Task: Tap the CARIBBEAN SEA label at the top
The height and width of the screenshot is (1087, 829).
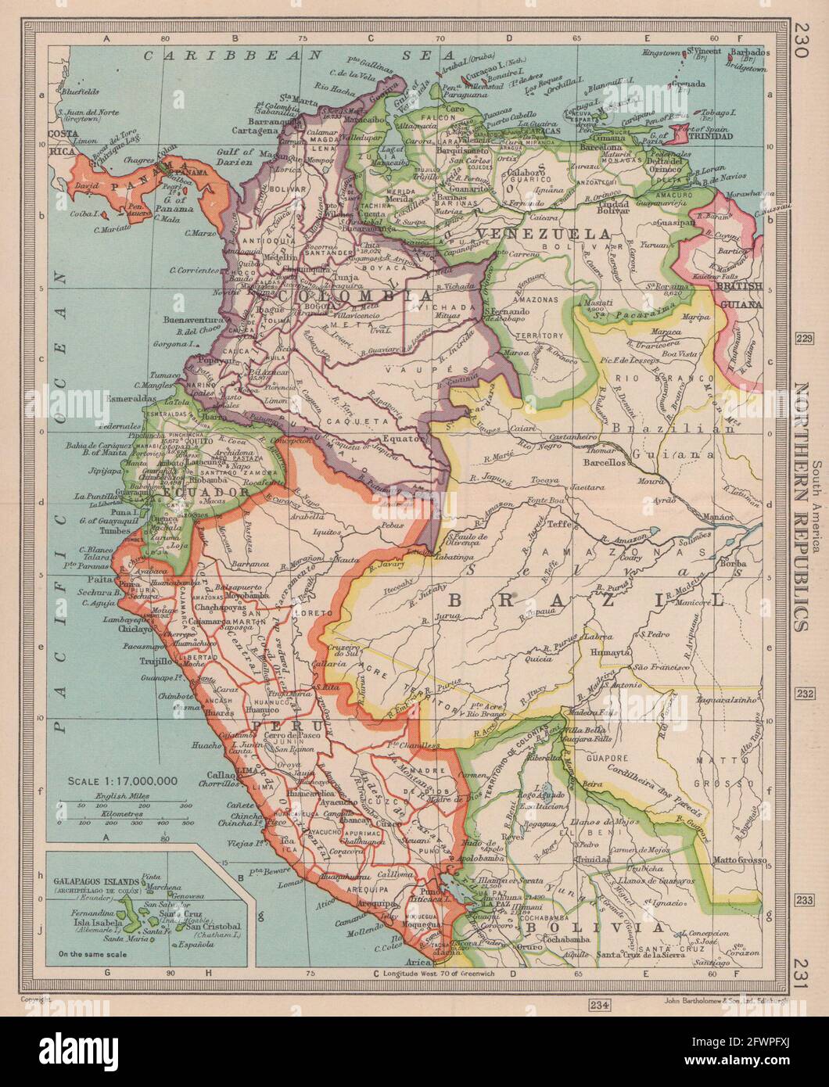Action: click(x=297, y=55)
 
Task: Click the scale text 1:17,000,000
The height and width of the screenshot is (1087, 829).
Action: click(x=123, y=780)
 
